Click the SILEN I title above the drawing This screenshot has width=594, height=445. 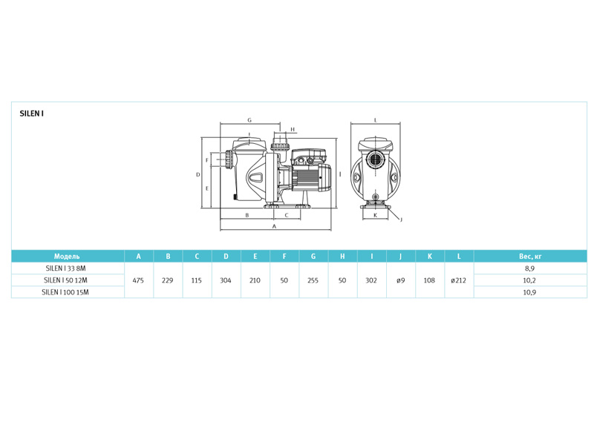[31, 113]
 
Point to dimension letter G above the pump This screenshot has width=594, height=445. [249, 120]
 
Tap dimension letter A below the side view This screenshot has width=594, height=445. [275, 226]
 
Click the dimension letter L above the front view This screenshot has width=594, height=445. [376, 120]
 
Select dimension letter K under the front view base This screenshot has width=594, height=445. [376, 215]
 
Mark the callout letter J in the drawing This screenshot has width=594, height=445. [401, 220]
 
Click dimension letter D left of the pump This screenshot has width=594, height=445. [198, 175]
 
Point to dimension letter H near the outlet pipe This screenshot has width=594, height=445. [293, 129]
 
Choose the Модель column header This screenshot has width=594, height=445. [67, 256]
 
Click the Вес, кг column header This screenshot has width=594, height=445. [530, 256]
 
